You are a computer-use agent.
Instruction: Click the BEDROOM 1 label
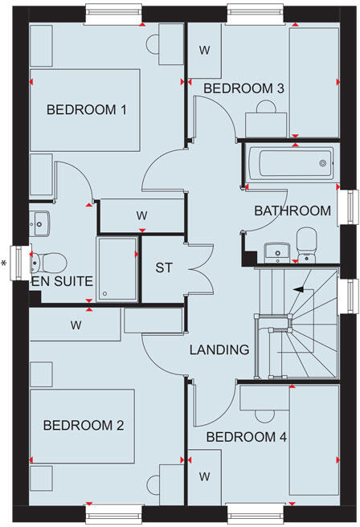[x=87, y=110]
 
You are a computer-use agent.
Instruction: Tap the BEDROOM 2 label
[x=84, y=425]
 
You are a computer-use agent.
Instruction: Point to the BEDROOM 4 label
[x=246, y=437]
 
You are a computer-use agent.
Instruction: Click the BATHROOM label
[x=292, y=211]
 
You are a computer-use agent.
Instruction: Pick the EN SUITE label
[x=63, y=282]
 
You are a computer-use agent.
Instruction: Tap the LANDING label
[x=219, y=350]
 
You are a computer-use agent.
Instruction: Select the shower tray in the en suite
[x=117, y=268]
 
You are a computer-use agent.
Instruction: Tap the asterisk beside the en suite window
[x=4, y=263]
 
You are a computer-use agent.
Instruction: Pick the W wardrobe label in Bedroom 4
[x=205, y=476]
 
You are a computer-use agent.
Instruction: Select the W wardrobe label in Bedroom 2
[x=76, y=326]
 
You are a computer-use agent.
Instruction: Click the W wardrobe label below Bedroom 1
[x=141, y=215]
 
